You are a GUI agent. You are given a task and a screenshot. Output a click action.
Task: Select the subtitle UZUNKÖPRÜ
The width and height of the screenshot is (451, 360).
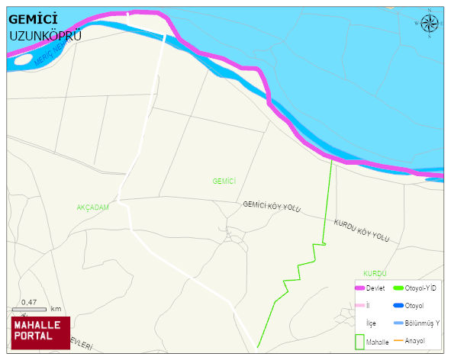45,35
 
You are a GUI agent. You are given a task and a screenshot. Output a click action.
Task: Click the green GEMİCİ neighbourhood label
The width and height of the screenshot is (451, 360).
224,181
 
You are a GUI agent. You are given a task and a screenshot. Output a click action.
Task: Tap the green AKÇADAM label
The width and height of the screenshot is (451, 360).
93,207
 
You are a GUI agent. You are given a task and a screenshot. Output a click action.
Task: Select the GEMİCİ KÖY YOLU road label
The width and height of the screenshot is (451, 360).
272,207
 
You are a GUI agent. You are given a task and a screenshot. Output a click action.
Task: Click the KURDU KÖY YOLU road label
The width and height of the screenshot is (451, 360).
361,230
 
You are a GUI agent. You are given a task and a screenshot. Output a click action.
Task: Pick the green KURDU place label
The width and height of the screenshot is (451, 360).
375,273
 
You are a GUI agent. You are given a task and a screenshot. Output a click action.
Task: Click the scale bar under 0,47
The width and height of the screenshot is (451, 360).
30,309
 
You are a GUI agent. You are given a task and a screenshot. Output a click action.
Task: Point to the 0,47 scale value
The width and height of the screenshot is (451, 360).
30,302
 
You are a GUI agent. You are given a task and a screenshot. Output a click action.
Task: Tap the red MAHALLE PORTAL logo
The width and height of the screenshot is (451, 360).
40,333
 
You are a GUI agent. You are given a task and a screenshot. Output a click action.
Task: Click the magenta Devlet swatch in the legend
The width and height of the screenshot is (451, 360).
360,288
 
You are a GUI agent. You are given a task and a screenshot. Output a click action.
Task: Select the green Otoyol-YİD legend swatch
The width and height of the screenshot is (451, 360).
398,288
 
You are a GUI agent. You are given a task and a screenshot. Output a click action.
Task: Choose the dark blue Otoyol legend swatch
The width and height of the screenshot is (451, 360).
398,306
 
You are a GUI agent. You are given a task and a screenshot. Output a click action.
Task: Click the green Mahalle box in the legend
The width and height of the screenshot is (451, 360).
359,342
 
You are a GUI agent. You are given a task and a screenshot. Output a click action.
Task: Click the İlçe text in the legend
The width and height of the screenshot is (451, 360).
371,323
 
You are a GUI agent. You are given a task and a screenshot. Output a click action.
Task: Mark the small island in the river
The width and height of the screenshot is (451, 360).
23,59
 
